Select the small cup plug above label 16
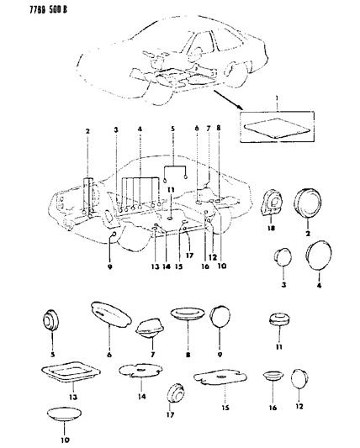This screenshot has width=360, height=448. coord(271,377)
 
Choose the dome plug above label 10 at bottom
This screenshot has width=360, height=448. coord(65,414)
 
